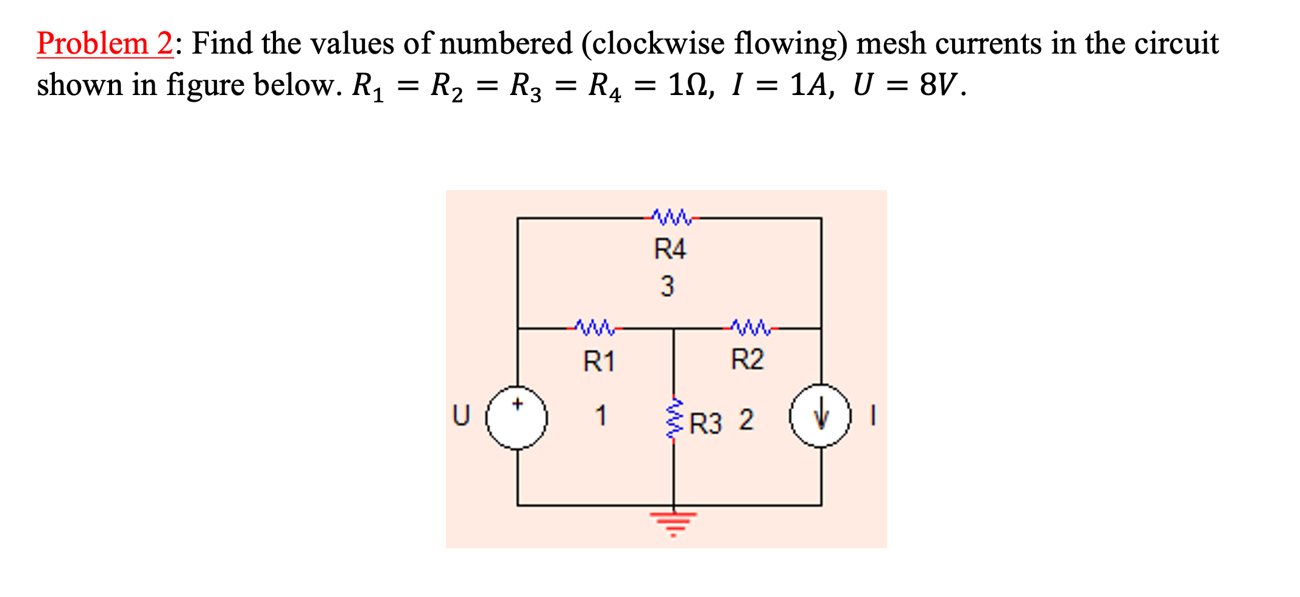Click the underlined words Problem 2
(x=105, y=44)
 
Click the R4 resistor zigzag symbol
(x=671, y=216)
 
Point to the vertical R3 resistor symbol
(x=674, y=419)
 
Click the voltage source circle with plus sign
(x=517, y=418)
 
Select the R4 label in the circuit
(x=669, y=249)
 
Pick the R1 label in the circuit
(x=599, y=361)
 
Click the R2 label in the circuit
(x=747, y=359)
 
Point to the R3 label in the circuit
(x=705, y=423)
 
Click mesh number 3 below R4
(x=668, y=286)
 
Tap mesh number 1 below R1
(x=601, y=416)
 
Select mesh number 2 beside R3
(x=746, y=420)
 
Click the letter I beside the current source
(x=873, y=416)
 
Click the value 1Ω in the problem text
(x=688, y=85)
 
